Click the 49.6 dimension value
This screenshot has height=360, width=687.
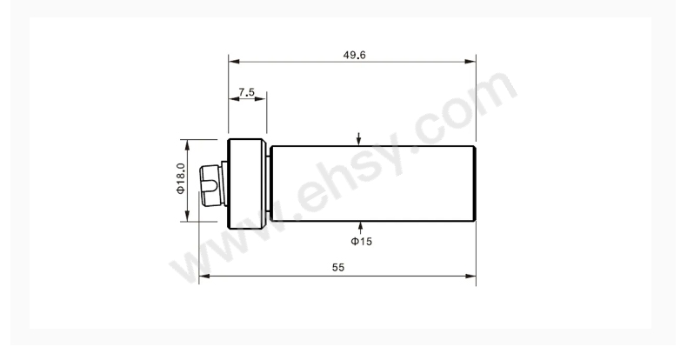(x=354, y=55)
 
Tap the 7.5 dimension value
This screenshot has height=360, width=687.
(x=247, y=92)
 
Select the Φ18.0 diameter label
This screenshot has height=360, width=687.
(x=181, y=178)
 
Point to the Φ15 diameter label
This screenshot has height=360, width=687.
(x=362, y=242)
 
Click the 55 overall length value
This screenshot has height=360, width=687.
(x=338, y=267)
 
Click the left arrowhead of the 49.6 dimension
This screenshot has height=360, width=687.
(x=234, y=62)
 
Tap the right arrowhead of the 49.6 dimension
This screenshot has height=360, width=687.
(x=470, y=62)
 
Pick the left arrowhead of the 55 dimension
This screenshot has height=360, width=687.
(x=204, y=276)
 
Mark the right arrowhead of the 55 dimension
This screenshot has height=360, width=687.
(x=470, y=276)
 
